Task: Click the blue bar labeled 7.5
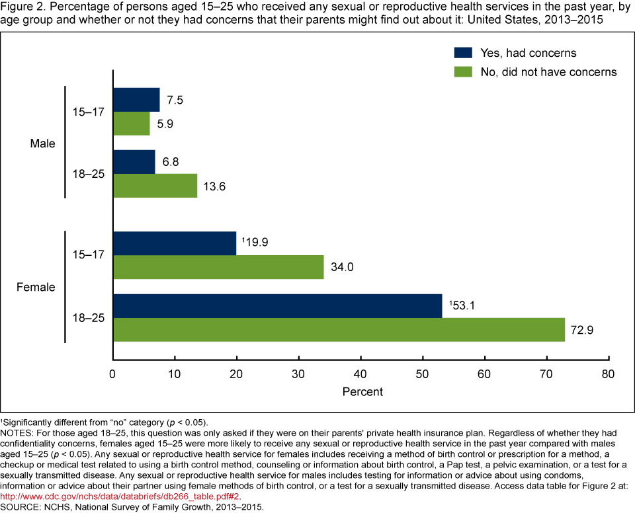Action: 136,100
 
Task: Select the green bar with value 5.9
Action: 132,124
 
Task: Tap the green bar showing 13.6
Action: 155,186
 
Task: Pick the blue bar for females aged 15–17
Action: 175,243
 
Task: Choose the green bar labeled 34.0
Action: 218,268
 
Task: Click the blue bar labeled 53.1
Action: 278,306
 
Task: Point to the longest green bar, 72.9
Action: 339,330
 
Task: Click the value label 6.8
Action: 171,162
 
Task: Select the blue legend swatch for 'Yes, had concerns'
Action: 462,53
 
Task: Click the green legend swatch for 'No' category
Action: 462,71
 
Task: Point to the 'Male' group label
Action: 44,143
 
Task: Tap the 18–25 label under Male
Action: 87,174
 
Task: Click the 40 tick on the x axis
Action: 360,374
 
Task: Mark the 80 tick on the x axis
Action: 608,374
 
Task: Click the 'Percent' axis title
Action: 362,392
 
